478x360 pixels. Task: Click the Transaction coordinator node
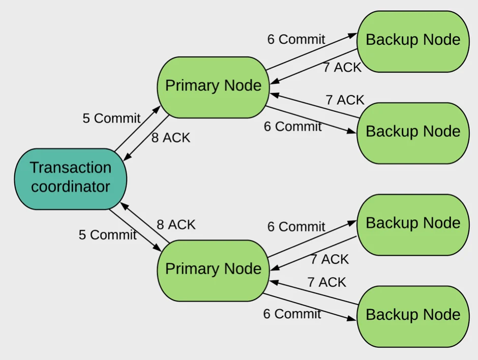pos(70,178)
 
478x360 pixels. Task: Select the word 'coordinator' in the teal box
pos(70,187)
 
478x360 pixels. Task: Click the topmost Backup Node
pos(412,40)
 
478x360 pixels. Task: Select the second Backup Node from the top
pos(412,132)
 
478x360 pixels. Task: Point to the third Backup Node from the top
pos(412,223)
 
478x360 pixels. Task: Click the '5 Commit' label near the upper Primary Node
pos(111,118)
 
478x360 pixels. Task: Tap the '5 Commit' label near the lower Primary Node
pos(107,235)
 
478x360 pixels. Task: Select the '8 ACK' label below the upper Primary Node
pos(170,138)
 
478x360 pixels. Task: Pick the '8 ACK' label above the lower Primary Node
pos(176,225)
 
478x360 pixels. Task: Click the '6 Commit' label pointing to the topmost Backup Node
pos(296,39)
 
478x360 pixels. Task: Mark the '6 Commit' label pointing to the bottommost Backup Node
pos(292,314)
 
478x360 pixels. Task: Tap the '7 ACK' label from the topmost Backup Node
pos(342,67)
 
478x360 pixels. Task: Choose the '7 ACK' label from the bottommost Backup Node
pos(326,282)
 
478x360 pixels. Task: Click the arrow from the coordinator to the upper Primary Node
pos(137,129)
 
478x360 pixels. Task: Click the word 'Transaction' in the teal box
pos(70,168)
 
